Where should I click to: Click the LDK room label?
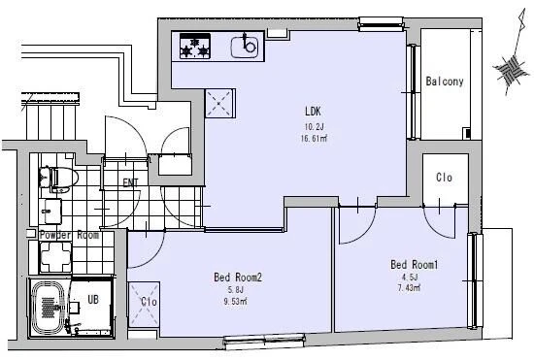[x=313, y=111]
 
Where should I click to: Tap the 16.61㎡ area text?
[x=314, y=138]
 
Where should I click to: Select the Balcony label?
[x=445, y=81]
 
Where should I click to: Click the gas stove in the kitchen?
[x=195, y=46]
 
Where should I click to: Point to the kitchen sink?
[x=245, y=46]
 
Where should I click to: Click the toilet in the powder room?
[x=58, y=178]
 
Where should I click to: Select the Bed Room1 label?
[x=415, y=264]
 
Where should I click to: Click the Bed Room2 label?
[x=238, y=278]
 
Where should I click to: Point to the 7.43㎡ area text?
[x=409, y=287]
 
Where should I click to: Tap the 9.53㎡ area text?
[x=235, y=301]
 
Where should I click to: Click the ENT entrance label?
[x=130, y=182]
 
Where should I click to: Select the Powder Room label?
[x=69, y=235]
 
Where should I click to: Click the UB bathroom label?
[x=93, y=299]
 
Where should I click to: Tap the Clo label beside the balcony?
[x=444, y=177]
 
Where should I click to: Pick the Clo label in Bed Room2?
[x=149, y=302]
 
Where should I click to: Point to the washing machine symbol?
[x=55, y=257]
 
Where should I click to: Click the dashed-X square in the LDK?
[x=219, y=103]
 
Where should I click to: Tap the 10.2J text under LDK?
[x=314, y=127]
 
